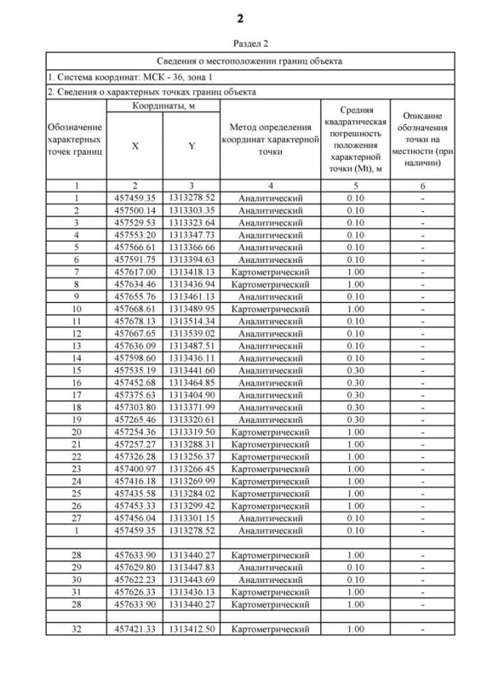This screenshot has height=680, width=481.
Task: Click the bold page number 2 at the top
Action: tap(240, 18)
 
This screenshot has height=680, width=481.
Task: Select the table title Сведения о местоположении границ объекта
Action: tap(240, 60)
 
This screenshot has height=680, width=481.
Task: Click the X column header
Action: tap(135, 147)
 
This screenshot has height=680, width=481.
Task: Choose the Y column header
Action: tap(192, 147)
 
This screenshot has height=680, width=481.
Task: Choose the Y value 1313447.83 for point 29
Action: tap(192, 567)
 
